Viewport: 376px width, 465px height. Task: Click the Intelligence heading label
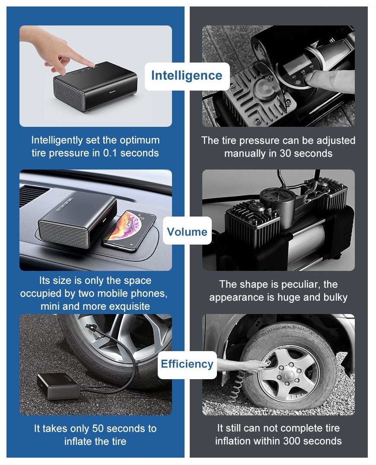tap(187, 75)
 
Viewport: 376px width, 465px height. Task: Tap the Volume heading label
tap(187, 232)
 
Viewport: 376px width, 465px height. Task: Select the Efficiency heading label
tap(187, 364)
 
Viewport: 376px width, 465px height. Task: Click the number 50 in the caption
tap(98, 428)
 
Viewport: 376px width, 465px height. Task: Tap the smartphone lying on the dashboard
tap(129, 230)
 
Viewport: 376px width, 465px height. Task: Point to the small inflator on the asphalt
tap(58, 386)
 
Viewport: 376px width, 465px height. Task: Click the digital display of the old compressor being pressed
tap(294, 67)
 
